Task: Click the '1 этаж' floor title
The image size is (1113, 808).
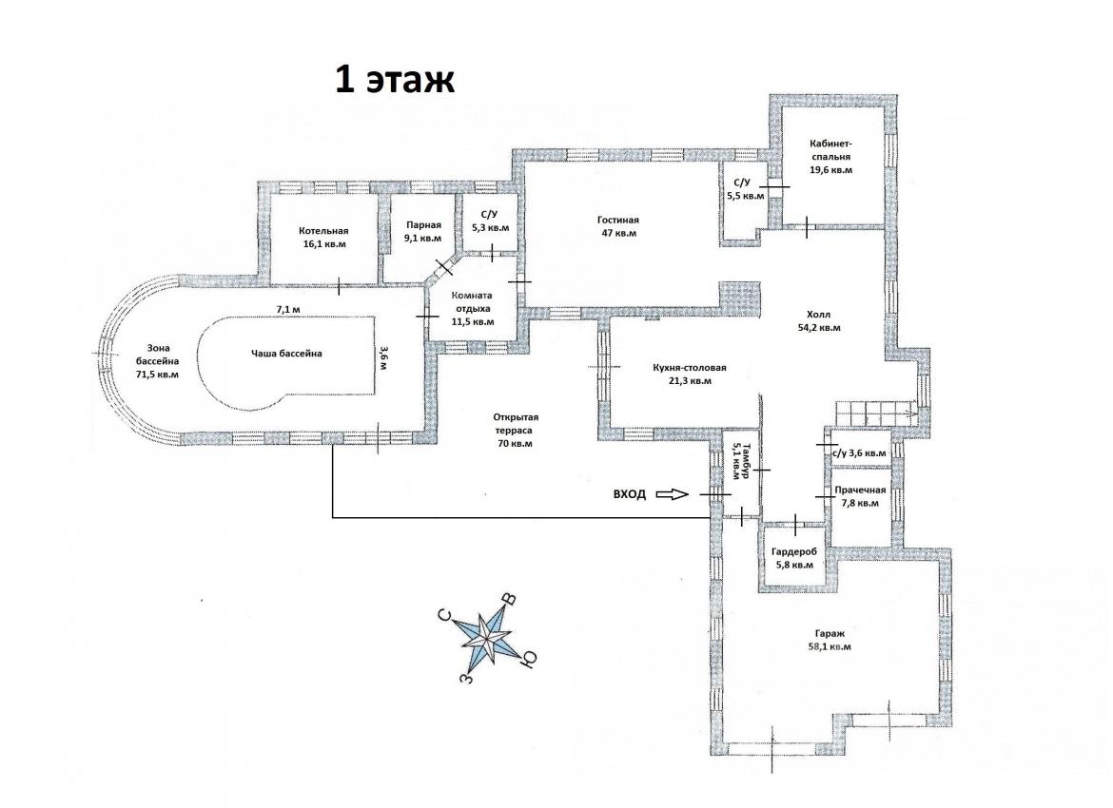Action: tap(395, 80)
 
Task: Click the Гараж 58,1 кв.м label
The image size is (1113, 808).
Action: tap(830, 640)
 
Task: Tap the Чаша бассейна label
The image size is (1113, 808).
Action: tap(286, 354)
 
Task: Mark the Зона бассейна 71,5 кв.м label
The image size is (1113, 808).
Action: tap(158, 361)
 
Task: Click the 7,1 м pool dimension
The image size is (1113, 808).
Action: tap(288, 309)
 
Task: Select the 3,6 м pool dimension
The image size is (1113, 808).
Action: tap(383, 358)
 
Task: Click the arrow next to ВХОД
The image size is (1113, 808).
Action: tap(673, 494)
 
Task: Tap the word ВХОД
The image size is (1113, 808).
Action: tap(630, 494)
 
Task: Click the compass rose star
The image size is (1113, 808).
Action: tap(487, 636)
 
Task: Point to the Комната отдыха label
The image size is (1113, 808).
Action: tap(473, 308)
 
